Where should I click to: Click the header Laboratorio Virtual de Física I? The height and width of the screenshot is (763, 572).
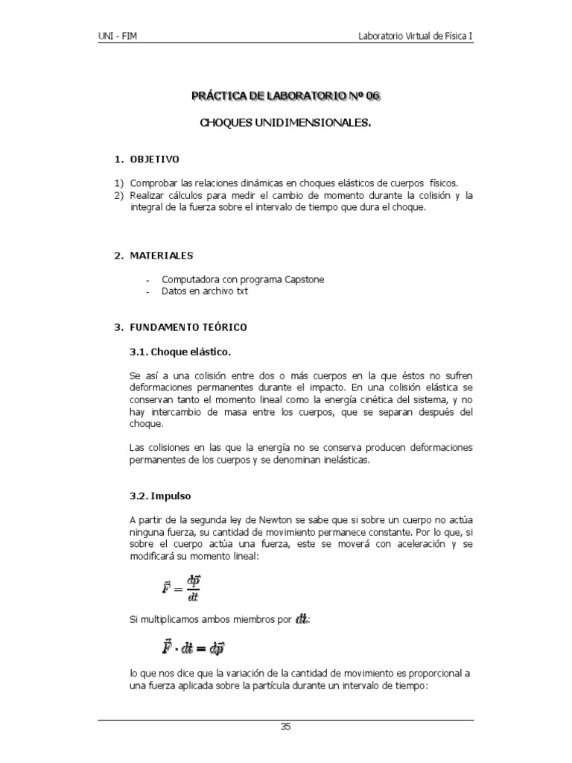click(x=415, y=36)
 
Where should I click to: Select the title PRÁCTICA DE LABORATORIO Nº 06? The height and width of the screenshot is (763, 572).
click(x=286, y=97)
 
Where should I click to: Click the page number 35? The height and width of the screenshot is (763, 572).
click(x=285, y=727)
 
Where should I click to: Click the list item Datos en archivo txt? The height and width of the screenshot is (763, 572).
click(x=205, y=292)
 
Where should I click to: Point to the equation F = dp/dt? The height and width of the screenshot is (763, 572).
click(x=181, y=586)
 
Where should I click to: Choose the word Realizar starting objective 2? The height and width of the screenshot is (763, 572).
click(x=148, y=195)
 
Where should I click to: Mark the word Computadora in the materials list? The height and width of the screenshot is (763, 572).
click(x=191, y=280)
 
